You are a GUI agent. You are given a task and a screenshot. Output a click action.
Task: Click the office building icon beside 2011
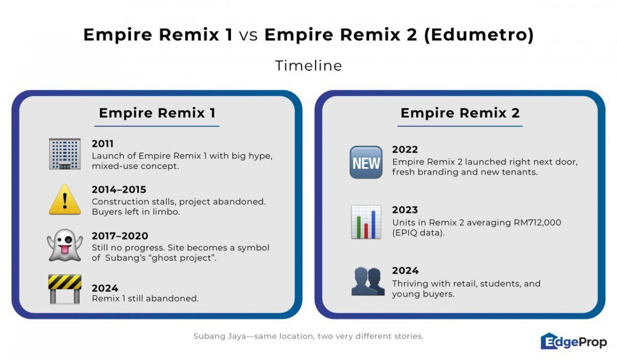65,154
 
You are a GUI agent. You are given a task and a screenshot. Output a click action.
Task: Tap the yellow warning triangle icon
65,200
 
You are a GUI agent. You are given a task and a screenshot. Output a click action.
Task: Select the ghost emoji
65,245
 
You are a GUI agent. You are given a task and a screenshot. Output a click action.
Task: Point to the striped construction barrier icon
65,289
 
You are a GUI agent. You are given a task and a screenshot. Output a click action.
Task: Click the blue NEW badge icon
366,162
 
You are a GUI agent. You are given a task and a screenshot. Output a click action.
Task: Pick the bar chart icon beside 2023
366,222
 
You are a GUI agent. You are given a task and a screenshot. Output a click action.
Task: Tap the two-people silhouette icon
368,281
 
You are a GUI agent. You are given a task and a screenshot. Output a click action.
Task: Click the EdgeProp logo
574,341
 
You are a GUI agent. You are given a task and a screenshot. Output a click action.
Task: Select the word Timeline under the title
308,66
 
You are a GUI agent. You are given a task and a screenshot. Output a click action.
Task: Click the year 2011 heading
102,144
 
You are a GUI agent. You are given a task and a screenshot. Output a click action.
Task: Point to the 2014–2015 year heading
119,189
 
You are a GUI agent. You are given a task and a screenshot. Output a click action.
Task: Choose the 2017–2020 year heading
120,236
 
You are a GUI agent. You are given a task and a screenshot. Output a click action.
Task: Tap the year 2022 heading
405,150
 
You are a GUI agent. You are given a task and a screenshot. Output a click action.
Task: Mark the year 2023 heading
405,210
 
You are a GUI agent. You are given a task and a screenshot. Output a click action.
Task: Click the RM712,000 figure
537,223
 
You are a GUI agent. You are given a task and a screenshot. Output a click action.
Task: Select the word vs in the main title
248,35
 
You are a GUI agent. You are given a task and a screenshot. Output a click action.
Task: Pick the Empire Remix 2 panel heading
460,113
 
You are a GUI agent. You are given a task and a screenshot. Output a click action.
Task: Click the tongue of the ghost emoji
65,250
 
